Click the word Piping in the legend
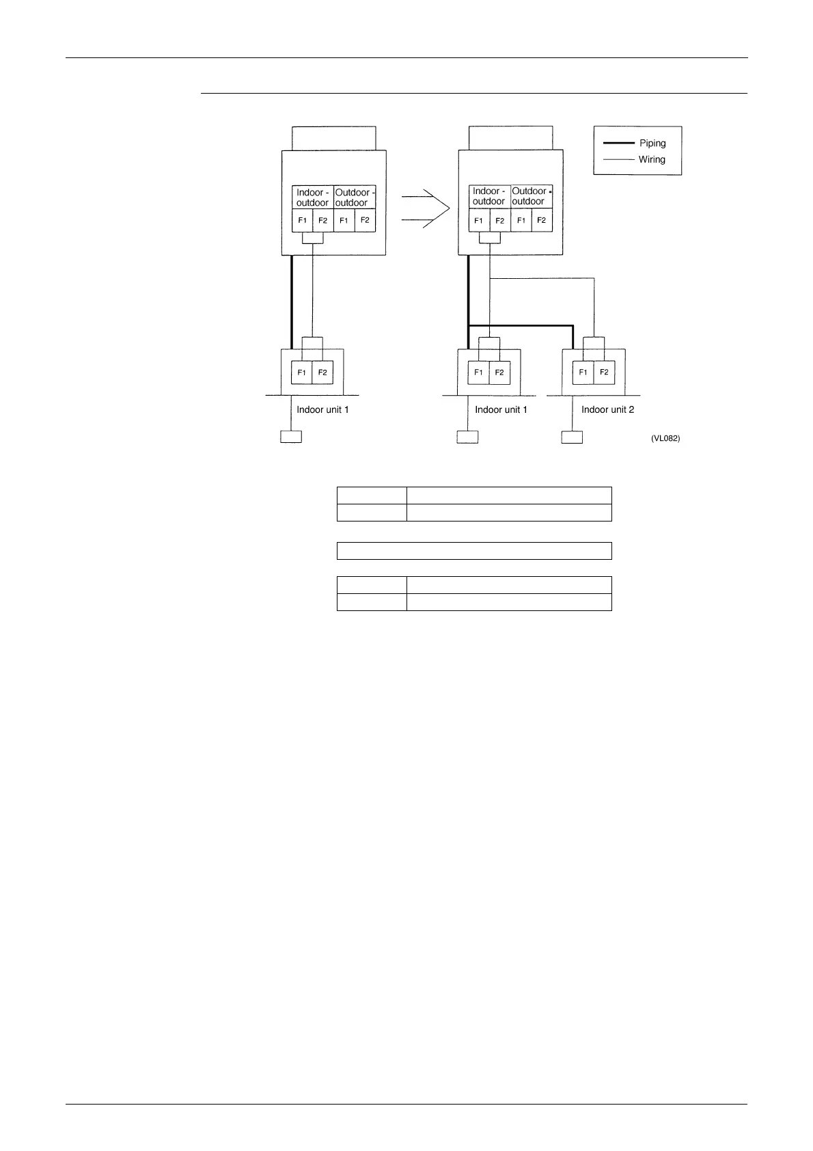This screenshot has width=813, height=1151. (x=652, y=144)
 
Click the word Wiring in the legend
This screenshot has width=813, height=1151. (x=651, y=160)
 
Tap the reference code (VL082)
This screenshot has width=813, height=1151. (x=665, y=439)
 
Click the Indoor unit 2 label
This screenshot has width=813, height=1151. (x=607, y=410)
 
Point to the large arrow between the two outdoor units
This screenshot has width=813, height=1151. (x=425, y=208)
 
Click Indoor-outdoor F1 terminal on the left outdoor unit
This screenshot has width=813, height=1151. (x=302, y=221)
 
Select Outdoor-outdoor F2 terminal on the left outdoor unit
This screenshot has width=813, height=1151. (x=365, y=221)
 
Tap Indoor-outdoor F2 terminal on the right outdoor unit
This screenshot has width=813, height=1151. (x=500, y=221)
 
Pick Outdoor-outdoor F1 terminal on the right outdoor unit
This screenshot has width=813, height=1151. (x=521, y=221)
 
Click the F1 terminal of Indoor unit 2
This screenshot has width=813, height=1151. (x=583, y=373)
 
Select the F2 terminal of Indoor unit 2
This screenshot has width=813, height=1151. (x=604, y=373)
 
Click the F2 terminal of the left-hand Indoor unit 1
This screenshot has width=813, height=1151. (x=322, y=373)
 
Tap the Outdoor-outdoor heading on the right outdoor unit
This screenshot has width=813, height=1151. (x=531, y=196)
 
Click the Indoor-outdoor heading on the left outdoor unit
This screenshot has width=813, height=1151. (x=313, y=198)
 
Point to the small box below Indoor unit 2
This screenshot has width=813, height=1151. (x=571, y=437)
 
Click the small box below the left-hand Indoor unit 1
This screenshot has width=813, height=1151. (x=291, y=437)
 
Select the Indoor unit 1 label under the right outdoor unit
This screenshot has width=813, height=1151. (x=501, y=410)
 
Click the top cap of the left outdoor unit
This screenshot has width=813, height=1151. (x=333, y=138)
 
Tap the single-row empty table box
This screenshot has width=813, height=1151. (x=474, y=551)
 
